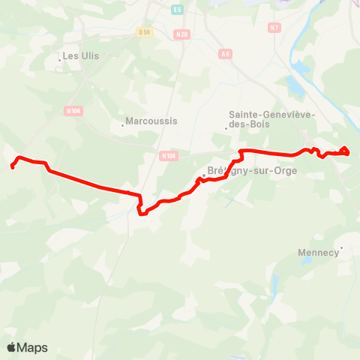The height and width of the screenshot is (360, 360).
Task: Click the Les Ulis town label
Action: coord(82,55)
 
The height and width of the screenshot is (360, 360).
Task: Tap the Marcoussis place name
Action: coord(151,121)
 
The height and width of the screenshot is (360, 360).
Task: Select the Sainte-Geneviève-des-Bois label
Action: coord(272,120)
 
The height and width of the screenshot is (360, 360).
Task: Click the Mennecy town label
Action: coord(319,253)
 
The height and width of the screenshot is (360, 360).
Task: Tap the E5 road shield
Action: coord(177,9)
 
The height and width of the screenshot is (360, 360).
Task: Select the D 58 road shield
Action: coord(145,32)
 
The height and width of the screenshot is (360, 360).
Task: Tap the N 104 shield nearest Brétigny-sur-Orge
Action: coord(168,156)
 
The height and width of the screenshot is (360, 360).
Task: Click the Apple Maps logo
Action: coord(27,347)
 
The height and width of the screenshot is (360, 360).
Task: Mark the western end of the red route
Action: coord(13,166)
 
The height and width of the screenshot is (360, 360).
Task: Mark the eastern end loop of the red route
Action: coord(344,151)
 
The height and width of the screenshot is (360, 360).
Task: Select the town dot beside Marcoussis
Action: coord(122,125)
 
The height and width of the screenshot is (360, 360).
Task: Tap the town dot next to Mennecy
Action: coord(341,247)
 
